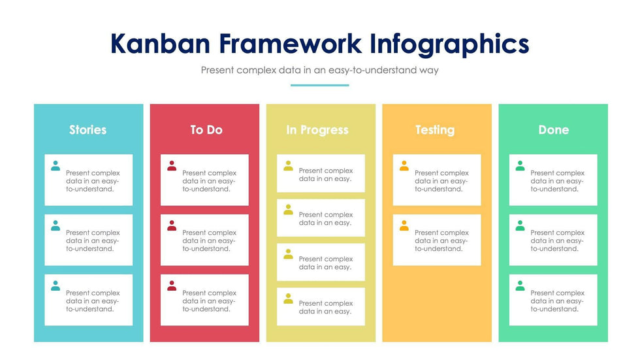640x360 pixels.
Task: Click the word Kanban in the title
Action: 160,43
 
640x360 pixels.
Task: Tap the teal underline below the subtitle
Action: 319,86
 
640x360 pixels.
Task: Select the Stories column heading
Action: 88,130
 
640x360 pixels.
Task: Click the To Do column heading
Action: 206,130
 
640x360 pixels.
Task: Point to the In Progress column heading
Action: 317,130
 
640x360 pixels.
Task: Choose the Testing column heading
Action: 435,130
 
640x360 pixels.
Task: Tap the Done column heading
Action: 554,130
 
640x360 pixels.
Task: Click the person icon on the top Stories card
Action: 56,166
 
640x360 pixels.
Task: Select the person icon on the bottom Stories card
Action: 56,286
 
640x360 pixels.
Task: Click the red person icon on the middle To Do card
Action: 172,225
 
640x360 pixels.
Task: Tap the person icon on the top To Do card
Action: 172,166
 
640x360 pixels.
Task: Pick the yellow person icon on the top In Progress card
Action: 288,166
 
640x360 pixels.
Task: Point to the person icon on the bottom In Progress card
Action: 288,299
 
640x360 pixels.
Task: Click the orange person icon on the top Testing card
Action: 404,166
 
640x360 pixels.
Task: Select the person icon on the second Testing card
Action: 404,225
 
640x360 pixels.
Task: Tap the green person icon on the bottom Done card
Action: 520,286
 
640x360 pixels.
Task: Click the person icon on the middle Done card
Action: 520,225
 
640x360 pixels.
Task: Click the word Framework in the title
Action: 290,43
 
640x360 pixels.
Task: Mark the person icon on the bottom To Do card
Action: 172,286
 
